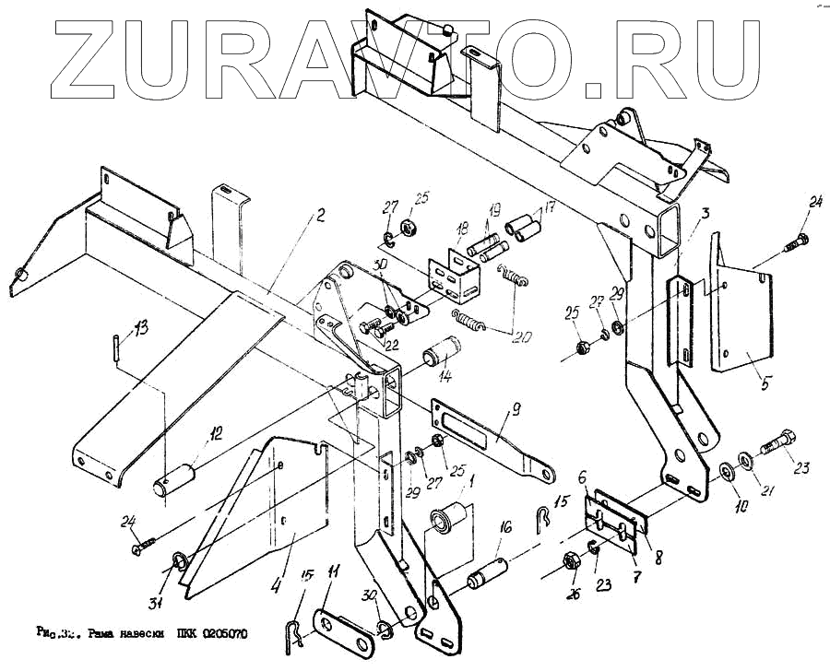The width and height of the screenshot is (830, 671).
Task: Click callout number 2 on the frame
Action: pos(320,218)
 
